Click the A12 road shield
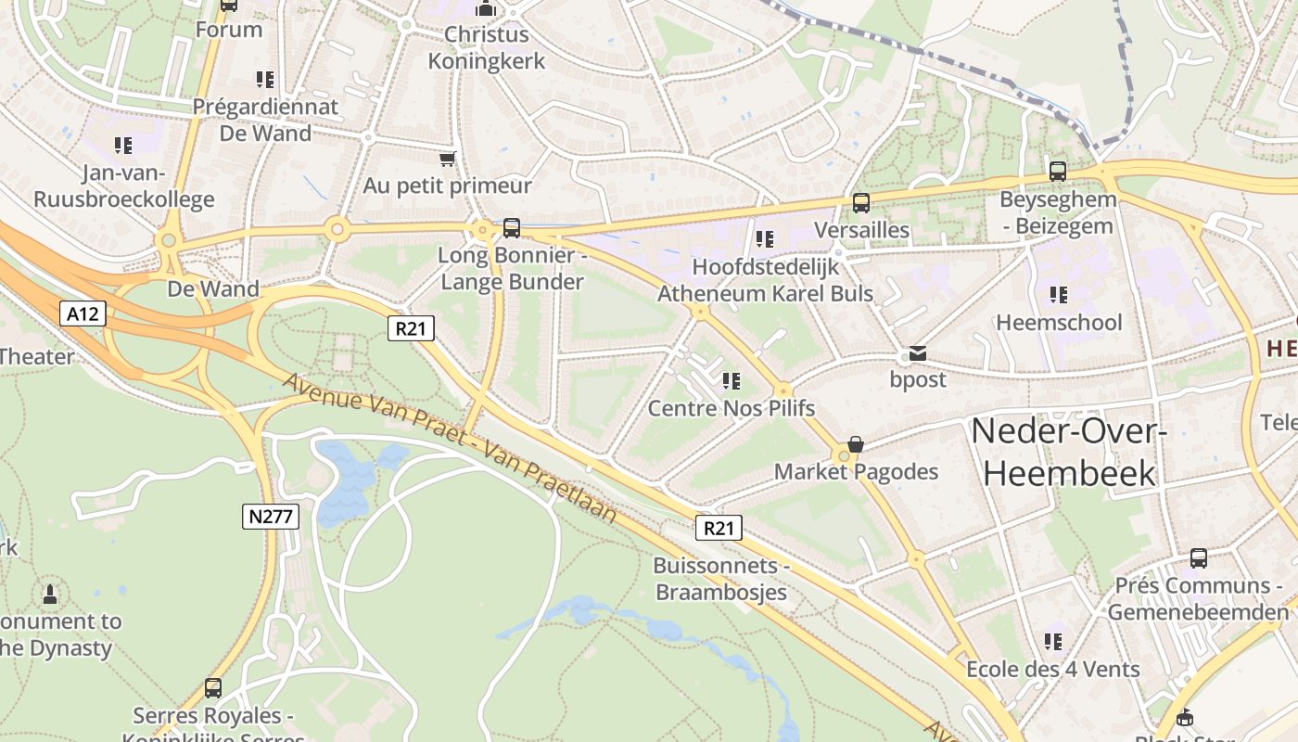click(x=83, y=313)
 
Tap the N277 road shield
click(x=272, y=517)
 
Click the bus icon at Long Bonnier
click(x=511, y=227)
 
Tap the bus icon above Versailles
click(x=861, y=203)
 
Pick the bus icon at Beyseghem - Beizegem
click(x=1058, y=172)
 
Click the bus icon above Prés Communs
click(x=1199, y=558)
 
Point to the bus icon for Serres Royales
click(x=213, y=688)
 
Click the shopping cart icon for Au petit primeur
click(x=448, y=159)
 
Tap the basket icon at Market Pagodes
click(x=856, y=445)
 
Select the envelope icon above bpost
click(x=918, y=353)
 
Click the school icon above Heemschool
click(x=1058, y=295)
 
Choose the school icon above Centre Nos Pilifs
click(x=732, y=380)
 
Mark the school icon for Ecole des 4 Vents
click(x=1053, y=642)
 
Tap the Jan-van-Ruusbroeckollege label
click(x=123, y=185)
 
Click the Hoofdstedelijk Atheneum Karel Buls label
click(x=766, y=280)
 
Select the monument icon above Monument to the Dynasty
click(x=50, y=594)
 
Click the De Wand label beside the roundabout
click(x=213, y=288)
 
